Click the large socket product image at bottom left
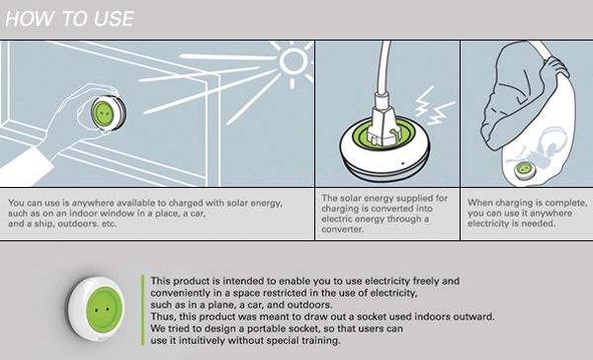96,307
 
